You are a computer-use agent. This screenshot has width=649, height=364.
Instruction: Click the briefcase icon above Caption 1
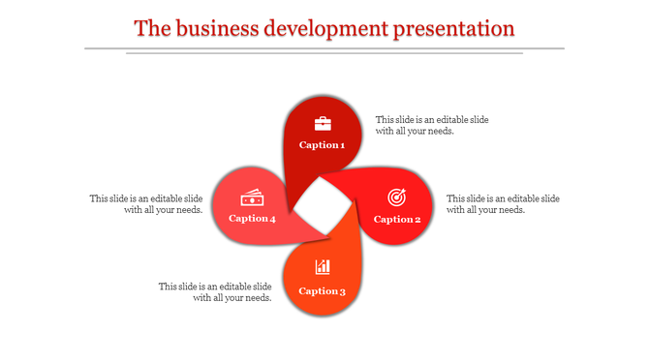coord(323,123)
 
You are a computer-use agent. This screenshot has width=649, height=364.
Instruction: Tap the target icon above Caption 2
coord(396,197)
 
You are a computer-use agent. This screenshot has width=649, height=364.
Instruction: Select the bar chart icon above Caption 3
coord(323,267)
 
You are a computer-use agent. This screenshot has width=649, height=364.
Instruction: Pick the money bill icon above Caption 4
coord(253,197)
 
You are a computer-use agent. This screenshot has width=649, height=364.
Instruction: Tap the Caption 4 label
coord(252,219)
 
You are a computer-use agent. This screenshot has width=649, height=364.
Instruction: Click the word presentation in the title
coord(453,28)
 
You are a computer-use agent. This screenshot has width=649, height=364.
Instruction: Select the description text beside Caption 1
coord(432,125)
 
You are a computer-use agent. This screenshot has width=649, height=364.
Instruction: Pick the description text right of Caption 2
coord(503,204)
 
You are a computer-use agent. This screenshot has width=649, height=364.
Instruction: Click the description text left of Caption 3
coord(215,292)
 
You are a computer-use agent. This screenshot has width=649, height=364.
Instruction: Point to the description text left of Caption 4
coord(146,204)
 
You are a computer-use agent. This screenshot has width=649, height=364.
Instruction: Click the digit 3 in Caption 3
coord(341,291)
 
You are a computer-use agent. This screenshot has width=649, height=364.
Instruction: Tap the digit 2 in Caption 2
coord(417,220)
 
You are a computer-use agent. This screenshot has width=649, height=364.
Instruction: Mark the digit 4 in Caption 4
coord(272,219)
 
